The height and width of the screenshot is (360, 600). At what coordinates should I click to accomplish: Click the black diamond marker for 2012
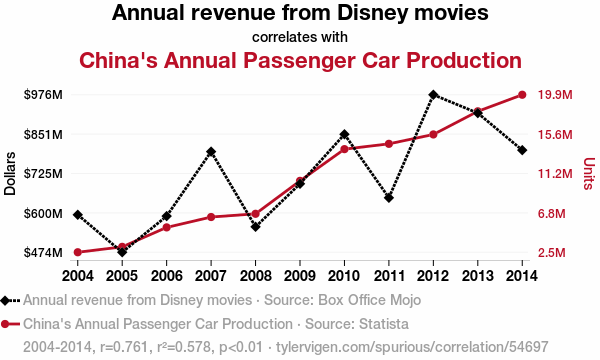click(x=433, y=94)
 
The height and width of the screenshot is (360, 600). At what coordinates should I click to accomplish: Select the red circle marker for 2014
click(x=522, y=94)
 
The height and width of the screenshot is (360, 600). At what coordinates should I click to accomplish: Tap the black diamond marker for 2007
click(x=211, y=152)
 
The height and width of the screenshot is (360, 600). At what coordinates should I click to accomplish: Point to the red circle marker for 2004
click(x=78, y=252)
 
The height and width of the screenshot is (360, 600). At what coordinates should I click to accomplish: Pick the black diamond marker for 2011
click(x=389, y=198)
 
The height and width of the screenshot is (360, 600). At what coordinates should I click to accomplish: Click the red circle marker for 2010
click(x=344, y=149)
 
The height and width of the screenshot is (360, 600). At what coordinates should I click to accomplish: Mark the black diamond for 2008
click(x=256, y=227)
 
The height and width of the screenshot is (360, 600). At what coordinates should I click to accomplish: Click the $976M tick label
click(x=43, y=94)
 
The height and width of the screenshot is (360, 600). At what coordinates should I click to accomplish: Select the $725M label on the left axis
click(x=43, y=174)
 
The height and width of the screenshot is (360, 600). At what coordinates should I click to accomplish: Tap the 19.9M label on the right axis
click(x=555, y=94)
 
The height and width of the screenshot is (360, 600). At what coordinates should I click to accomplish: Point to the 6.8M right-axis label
click(x=551, y=213)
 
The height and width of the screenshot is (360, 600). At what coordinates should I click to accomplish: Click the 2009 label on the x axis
click(x=300, y=275)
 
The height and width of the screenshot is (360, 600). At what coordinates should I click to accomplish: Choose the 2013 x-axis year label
click(x=478, y=275)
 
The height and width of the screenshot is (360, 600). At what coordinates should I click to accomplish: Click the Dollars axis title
click(x=10, y=174)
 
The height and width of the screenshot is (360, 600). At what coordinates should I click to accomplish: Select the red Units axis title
click(x=589, y=173)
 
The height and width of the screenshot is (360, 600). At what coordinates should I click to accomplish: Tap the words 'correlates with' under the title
click(x=300, y=37)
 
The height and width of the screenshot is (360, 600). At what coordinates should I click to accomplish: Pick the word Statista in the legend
click(x=383, y=324)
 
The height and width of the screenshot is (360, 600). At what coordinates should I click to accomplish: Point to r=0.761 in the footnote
click(x=124, y=347)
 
